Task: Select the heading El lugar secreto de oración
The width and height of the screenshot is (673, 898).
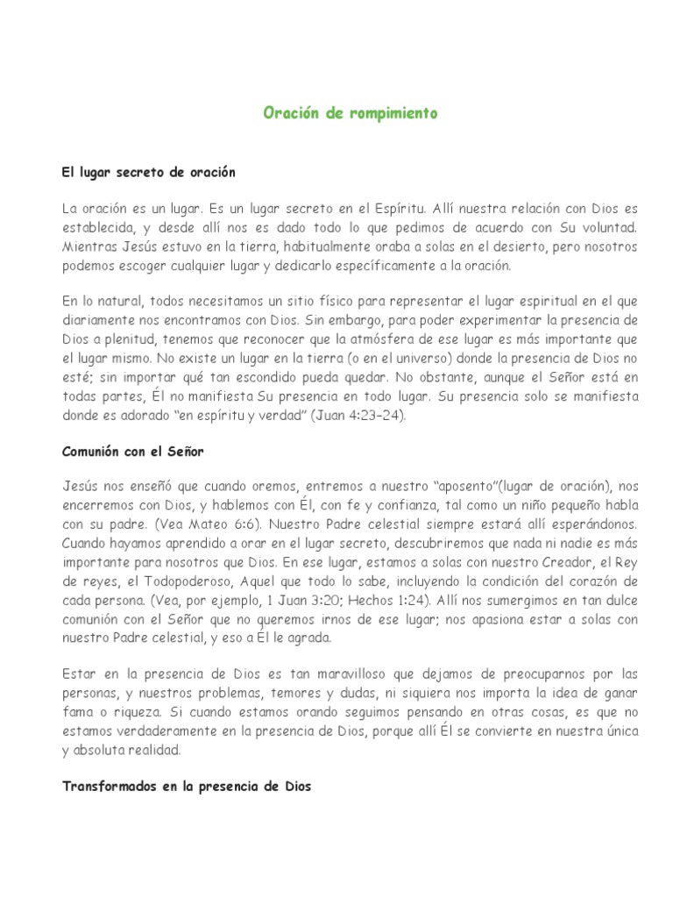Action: tap(149, 173)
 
